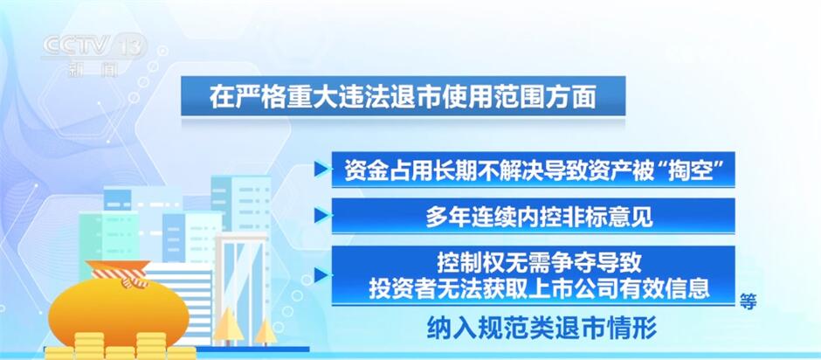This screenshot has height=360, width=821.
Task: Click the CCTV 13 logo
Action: [93, 46]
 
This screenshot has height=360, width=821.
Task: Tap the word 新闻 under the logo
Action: [93, 69]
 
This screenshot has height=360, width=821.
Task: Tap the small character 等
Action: [748, 301]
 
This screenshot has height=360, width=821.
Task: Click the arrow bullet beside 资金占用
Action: [321, 170]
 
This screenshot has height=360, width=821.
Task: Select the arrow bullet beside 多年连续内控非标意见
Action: [321, 215]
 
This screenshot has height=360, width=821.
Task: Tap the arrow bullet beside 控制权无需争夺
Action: [321, 274]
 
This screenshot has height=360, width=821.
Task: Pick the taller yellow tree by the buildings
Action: [229, 326]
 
